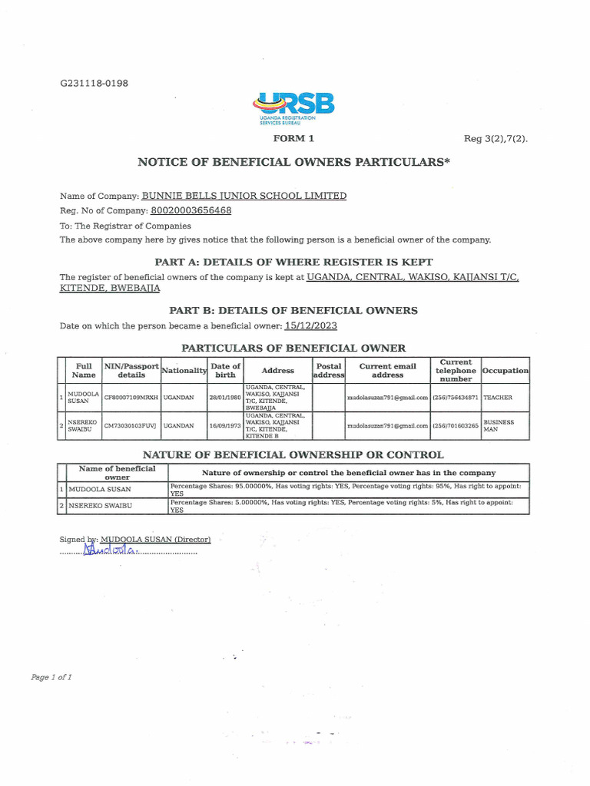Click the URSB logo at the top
(293, 108)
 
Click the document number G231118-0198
(94, 83)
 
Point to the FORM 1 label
(293, 139)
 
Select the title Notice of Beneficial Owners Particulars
(293, 162)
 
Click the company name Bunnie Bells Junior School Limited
(244, 196)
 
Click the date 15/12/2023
(310, 325)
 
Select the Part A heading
(293, 262)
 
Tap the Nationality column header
(184, 371)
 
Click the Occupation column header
(505, 371)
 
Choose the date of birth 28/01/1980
(225, 398)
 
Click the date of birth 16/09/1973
(225, 425)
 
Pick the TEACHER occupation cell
(497, 398)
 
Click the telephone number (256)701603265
(455, 425)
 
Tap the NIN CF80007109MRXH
(131, 398)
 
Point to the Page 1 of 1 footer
(51, 677)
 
